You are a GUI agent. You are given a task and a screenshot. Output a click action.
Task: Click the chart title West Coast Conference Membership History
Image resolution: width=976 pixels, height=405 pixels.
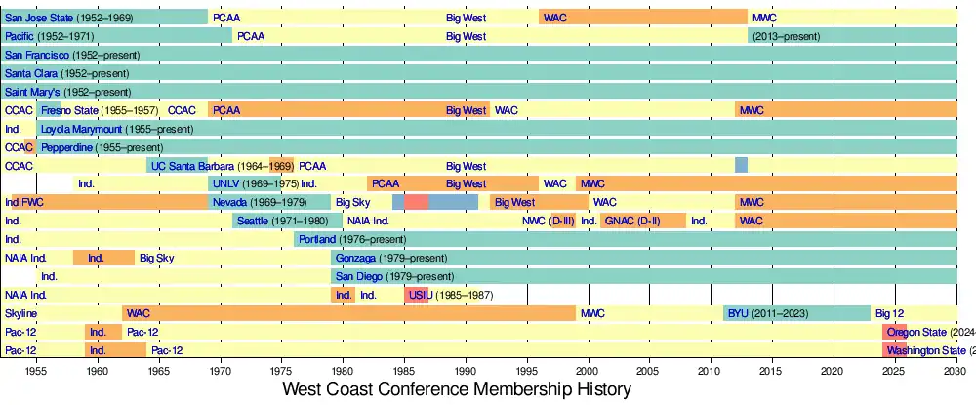click(x=457, y=389)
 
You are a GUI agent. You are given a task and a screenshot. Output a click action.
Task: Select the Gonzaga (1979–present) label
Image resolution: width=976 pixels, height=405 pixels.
click(x=390, y=258)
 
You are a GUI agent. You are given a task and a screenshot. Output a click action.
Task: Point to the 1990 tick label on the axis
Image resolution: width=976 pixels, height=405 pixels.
click(x=466, y=372)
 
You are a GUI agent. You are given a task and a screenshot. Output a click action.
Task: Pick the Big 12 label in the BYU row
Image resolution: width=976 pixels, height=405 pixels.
click(x=889, y=313)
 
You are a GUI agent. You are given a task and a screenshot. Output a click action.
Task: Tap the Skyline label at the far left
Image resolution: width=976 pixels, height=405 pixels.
click(x=20, y=313)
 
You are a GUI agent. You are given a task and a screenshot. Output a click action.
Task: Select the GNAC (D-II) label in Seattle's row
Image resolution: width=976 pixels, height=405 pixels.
click(x=631, y=221)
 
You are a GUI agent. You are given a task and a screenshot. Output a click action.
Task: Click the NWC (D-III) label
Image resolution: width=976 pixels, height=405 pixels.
click(x=549, y=221)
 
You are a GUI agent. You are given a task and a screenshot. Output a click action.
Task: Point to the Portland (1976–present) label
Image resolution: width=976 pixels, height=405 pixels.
click(x=351, y=239)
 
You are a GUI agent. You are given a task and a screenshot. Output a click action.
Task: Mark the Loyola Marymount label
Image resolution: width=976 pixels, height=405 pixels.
click(x=117, y=129)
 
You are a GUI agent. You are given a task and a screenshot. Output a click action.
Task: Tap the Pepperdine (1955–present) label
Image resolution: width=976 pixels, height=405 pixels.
click(x=96, y=147)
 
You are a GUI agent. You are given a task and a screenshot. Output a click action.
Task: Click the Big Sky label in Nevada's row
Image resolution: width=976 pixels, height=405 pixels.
click(x=352, y=202)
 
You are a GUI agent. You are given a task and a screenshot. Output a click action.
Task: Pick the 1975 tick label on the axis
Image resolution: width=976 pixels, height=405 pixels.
click(x=281, y=372)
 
